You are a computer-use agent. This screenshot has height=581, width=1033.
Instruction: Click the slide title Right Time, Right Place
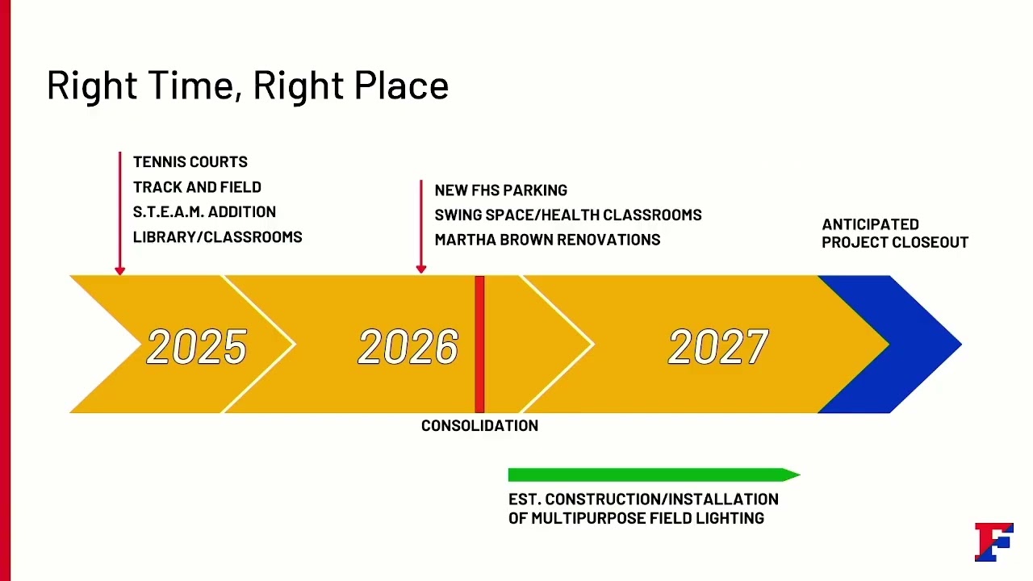pos(247,86)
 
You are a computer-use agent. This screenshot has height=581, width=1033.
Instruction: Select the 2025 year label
pos(196,347)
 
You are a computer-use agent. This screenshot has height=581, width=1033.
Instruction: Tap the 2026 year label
pos(408,347)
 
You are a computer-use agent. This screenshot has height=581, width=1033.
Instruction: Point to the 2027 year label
pos(718,347)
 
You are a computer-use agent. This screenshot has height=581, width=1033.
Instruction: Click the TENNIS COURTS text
pos(190,162)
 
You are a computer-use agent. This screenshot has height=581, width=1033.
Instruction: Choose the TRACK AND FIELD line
pos(197,187)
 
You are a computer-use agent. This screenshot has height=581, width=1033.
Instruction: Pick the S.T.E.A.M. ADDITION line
pos(204,212)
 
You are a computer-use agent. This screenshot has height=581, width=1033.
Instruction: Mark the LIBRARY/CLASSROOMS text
pos(217,237)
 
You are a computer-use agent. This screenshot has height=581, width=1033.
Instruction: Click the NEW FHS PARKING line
pos(500,190)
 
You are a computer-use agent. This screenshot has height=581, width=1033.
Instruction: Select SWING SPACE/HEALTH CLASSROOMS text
pos(567,215)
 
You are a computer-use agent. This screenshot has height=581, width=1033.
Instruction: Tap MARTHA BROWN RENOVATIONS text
pos(547,240)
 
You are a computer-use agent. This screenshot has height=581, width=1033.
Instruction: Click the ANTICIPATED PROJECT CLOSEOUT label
pos(894,233)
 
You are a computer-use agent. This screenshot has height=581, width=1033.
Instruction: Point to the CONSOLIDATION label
pos(479,426)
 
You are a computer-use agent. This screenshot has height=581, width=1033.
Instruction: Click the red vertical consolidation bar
pos(479,345)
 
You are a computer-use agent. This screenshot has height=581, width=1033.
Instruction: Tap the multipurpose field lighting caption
pos(642,508)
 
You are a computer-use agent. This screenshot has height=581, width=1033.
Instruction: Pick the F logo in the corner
pos(993,541)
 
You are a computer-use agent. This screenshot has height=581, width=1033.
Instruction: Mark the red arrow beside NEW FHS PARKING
pos(420,227)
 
